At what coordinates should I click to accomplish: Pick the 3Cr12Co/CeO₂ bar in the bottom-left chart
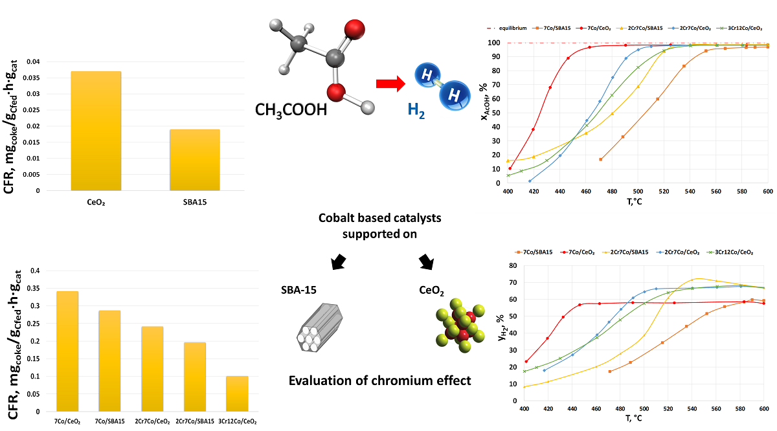(236, 393)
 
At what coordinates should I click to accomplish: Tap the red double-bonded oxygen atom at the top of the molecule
(354, 30)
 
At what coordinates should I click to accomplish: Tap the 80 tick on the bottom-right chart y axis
(512, 266)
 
